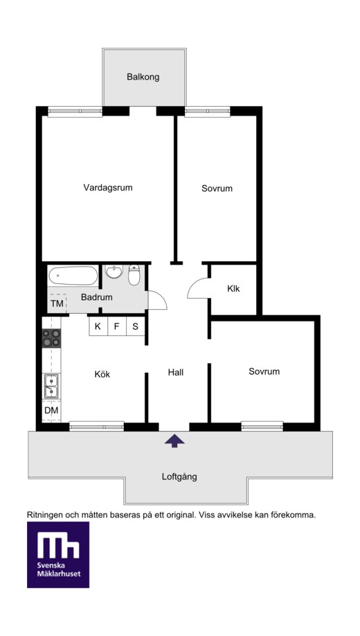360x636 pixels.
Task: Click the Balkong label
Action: click(143, 77)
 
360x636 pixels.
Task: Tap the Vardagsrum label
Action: click(108, 188)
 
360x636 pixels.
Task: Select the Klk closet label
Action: click(233, 289)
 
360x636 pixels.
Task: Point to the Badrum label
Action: click(96, 297)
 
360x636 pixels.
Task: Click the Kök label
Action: click(102, 374)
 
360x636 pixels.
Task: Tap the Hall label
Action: click(176, 372)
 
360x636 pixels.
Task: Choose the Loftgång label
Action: click(179, 477)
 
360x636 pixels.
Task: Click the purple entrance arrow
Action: click(174, 441)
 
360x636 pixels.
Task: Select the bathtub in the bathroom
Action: click(73, 276)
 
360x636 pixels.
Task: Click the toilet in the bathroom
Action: click(134, 274)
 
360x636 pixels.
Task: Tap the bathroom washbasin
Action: click(114, 272)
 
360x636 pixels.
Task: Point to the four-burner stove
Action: click(51, 338)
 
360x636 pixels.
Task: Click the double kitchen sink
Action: click(51, 386)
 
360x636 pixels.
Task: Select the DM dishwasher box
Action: click(51, 410)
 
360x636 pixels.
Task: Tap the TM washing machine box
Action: click(57, 303)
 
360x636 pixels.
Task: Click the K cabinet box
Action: click(98, 326)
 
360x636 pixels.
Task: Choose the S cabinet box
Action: click(136, 326)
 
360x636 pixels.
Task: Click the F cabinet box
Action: click(117, 326)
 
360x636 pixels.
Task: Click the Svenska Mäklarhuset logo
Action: click(58, 554)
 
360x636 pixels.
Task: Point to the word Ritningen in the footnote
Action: click(44, 515)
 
